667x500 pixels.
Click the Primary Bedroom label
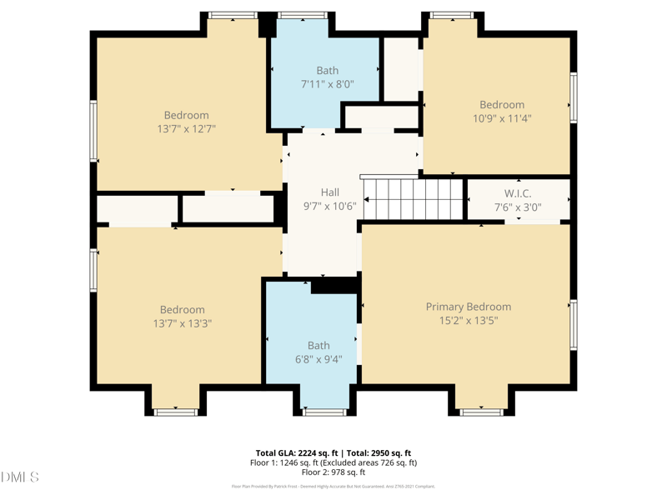[x=468, y=307]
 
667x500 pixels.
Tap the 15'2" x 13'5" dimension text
[x=468, y=321]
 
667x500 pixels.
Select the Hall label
[x=329, y=192]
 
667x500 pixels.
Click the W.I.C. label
[x=517, y=193]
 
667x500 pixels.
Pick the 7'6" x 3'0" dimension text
[x=517, y=207]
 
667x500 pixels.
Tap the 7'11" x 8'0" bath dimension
[x=327, y=84]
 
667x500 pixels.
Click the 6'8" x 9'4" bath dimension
[x=318, y=359]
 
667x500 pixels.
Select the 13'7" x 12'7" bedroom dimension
[x=186, y=129]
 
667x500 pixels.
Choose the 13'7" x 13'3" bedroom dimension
[x=182, y=323]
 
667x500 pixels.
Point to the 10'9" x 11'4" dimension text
[x=501, y=118]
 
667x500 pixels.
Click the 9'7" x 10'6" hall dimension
[x=329, y=207]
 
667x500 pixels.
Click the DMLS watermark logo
[x=20, y=477]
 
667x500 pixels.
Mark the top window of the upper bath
[x=303, y=15]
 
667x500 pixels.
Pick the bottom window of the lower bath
[x=324, y=412]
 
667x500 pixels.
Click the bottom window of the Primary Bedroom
[x=481, y=412]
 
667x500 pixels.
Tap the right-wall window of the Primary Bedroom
[x=574, y=325]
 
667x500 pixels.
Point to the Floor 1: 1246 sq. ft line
[x=333, y=462]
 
